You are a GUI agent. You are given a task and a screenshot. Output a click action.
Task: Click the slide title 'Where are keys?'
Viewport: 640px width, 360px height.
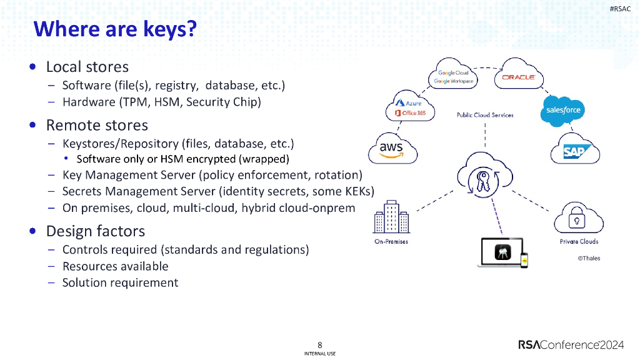pyautogui.click(x=114, y=29)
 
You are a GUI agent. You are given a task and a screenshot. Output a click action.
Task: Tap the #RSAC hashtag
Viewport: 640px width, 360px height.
pyautogui.click(x=619, y=9)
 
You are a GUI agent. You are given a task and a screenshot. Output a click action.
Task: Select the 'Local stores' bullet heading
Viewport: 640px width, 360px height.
pyautogui.click(x=87, y=67)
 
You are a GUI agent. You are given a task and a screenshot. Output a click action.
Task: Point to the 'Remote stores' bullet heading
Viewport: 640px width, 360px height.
pyautogui.click(x=97, y=125)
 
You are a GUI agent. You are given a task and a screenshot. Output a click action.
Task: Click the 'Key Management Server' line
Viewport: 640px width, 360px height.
pyautogui.click(x=212, y=175)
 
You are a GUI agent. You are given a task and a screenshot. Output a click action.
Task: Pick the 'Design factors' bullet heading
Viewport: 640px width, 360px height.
pyautogui.click(x=95, y=231)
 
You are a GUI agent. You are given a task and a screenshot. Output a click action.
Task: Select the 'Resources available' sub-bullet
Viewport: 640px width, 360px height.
pyautogui.click(x=115, y=266)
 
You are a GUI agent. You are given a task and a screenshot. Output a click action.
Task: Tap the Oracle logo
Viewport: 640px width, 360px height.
pyautogui.click(x=518, y=77)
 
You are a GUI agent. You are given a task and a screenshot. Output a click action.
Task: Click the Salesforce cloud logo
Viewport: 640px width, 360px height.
pyautogui.click(x=563, y=111)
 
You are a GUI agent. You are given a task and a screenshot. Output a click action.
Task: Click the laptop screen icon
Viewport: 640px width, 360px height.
pyautogui.click(x=503, y=252)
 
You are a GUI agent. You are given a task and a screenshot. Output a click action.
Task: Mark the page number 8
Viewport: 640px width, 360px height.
pyautogui.click(x=320, y=344)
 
